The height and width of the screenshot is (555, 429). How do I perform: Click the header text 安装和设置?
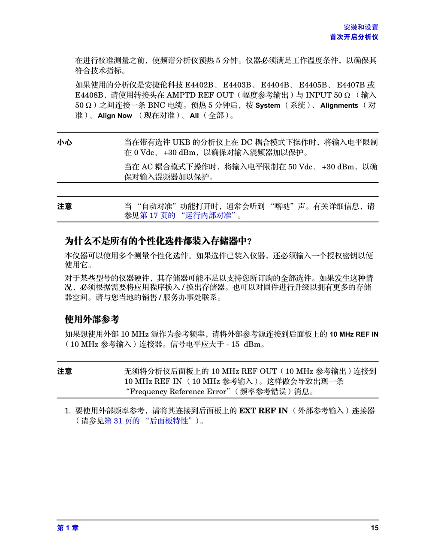(361, 27)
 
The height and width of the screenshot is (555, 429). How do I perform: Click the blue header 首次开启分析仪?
(354, 37)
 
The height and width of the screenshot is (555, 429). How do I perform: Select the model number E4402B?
(199, 85)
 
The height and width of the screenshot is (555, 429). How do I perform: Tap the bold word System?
(267, 106)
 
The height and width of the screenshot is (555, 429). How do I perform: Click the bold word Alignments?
(339, 106)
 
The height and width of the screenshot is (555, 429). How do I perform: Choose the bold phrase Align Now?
(115, 115)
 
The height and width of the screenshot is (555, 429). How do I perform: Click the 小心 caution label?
(65, 142)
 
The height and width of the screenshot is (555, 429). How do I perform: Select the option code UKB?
(181, 142)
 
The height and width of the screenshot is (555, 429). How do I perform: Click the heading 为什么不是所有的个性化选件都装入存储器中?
(158, 241)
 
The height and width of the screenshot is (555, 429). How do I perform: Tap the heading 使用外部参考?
(92, 319)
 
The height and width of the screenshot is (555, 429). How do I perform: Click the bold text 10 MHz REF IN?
(354, 334)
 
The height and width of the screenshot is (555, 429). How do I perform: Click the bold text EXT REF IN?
(263, 410)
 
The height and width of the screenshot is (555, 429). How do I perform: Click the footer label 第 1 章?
(68, 528)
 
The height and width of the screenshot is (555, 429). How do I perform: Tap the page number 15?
(375, 528)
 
